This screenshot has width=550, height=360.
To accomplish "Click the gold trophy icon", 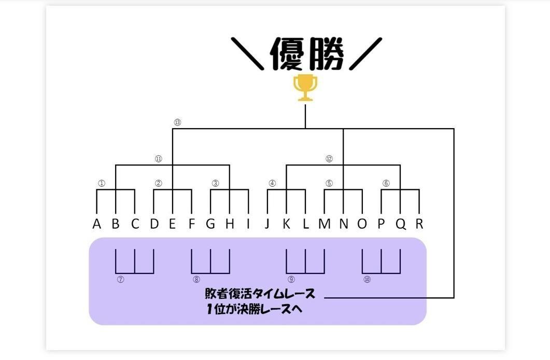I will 305,88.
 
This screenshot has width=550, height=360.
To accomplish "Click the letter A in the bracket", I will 96,224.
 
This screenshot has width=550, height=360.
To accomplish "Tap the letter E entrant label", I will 173,224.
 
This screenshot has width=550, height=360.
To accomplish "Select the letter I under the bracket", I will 248,224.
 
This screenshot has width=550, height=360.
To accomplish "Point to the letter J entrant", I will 267,224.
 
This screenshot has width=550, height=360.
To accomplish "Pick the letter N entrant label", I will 343,224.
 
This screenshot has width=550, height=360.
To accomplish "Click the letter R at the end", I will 419,224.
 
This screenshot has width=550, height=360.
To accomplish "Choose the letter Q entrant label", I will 400,224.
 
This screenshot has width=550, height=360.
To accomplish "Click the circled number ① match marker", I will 102,183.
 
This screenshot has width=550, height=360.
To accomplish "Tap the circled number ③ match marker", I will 216,183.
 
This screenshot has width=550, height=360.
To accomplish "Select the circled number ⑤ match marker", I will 329,183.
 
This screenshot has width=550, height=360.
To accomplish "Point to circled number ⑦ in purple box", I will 121,280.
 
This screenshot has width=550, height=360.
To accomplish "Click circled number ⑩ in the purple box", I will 367,280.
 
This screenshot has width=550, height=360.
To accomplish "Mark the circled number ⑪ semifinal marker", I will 159,159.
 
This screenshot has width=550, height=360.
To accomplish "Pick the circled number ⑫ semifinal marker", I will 329,159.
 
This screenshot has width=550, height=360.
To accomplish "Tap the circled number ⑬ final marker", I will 177,122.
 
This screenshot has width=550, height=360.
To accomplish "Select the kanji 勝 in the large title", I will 327,53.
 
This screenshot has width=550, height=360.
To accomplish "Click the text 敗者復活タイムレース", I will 260,294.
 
